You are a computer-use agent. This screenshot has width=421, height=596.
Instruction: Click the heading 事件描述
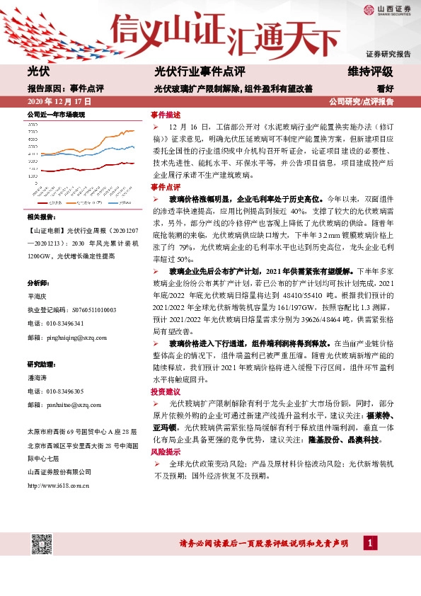coord(165,114)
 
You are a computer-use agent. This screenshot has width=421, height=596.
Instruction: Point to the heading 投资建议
coord(165,391)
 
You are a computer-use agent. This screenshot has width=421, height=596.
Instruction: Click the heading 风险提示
coord(165,452)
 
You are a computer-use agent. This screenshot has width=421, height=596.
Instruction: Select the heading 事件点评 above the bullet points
coord(165,187)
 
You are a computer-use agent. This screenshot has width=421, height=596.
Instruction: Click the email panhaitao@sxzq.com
coord(69,405)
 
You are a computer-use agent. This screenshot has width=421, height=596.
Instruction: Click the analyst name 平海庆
coord(37,299)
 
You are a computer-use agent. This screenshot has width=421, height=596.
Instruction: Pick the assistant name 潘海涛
coord(37,378)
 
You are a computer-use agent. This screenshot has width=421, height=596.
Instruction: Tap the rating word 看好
coord(385,89)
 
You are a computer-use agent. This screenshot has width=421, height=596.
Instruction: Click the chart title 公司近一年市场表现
coord(56,114)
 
